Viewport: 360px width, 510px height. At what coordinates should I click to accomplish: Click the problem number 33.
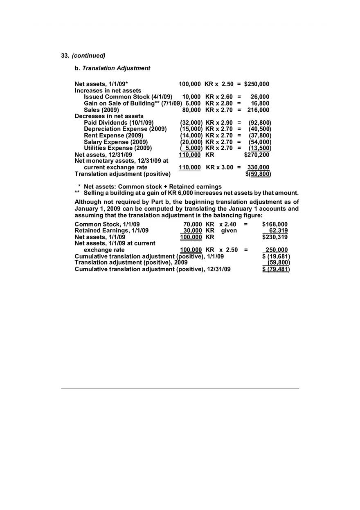point(65,56)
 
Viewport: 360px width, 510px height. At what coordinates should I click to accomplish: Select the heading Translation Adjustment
point(116,68)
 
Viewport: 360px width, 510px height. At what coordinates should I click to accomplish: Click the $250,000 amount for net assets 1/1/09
point(256,84)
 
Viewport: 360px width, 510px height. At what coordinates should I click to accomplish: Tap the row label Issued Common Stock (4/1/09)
point(128,97)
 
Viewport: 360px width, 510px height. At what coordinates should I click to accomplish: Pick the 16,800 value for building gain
point(260,103)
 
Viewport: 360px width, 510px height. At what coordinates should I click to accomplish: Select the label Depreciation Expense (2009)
point(125,129)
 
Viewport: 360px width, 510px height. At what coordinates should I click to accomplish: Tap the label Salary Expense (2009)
point(116,142)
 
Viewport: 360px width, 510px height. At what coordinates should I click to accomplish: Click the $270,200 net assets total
point(256,155)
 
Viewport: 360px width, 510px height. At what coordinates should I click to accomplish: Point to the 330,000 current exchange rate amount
point(258,168)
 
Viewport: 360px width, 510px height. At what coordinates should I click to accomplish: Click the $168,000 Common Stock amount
point(274,225)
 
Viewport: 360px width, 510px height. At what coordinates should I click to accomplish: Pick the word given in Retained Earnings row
point(229,231)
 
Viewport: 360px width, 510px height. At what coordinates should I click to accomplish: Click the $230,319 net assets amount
point(274,237)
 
